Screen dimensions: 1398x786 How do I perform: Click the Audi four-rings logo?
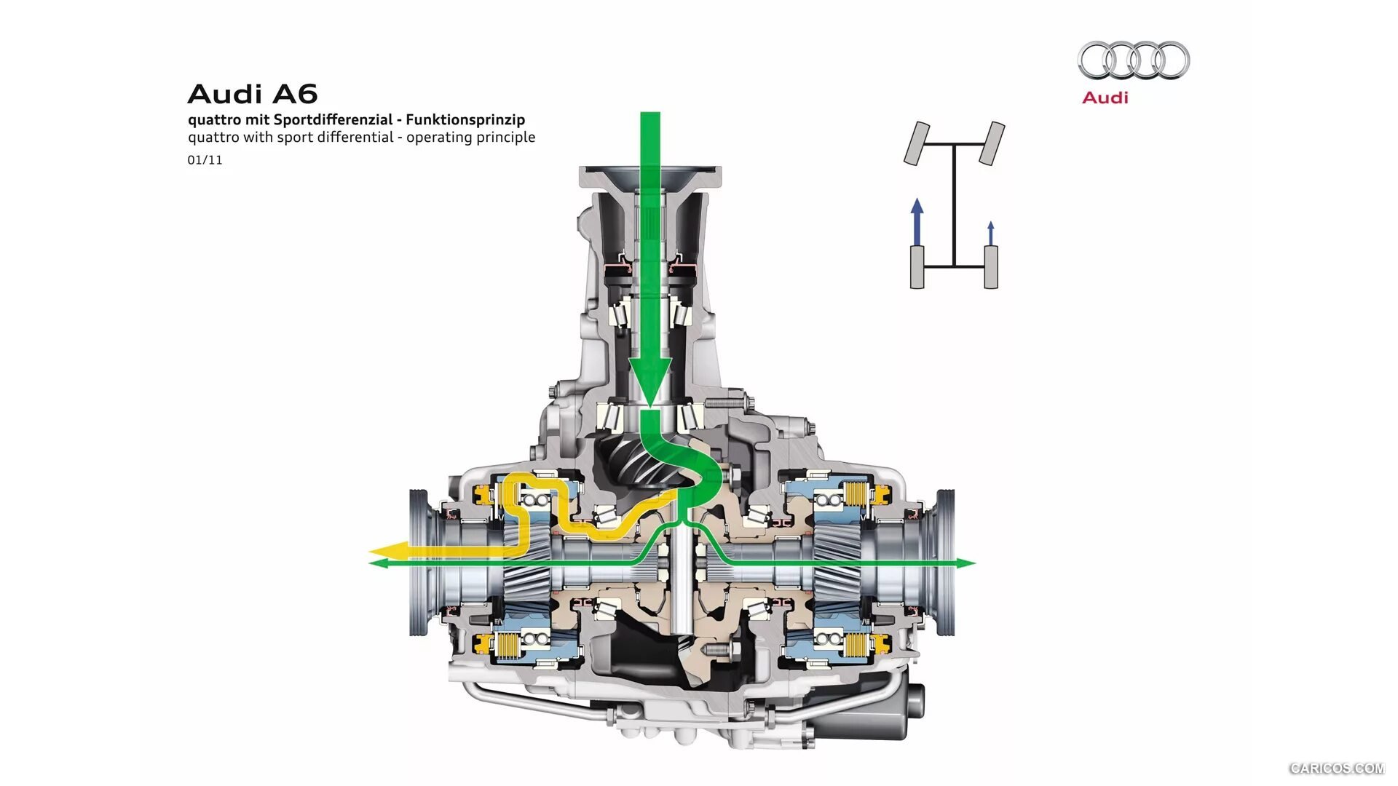[1134, 60]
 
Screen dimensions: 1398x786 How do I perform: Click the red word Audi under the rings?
[1105, 98]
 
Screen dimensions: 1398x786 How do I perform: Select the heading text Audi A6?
[253, 94]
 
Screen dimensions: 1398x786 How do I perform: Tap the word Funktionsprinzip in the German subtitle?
[465, 120]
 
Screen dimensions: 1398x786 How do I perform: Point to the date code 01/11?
[205, 160]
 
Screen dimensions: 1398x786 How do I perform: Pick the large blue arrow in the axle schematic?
[917, 221]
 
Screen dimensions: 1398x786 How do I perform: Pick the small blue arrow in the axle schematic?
[990, 234]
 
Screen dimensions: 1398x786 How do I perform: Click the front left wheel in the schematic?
[917, 143]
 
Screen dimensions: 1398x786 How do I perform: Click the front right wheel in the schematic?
[992, 143]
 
